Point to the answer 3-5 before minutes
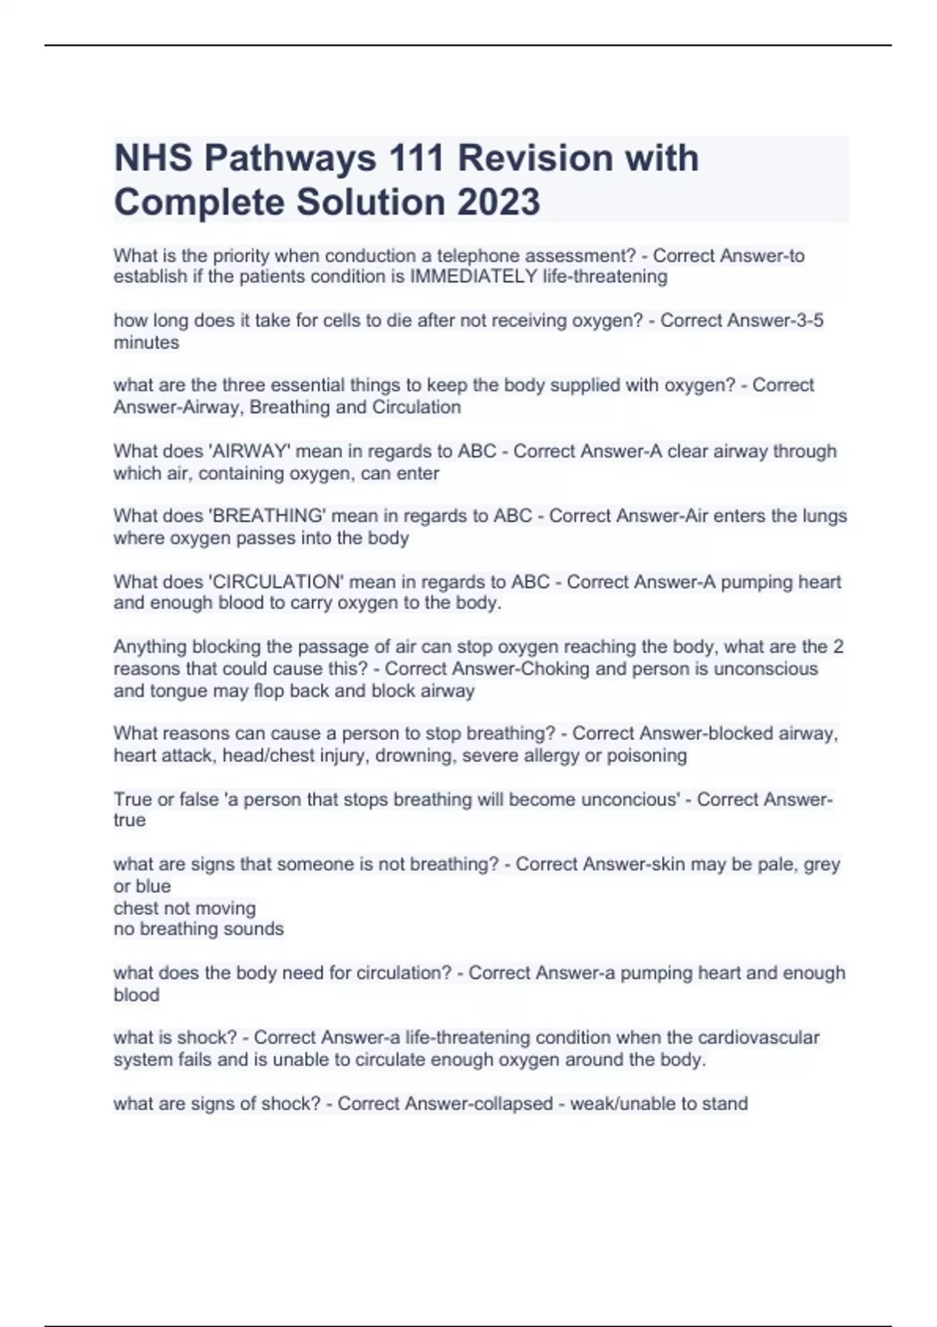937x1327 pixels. coord(807,321)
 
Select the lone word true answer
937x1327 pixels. coord(130,820)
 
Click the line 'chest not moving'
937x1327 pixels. coord(184,908)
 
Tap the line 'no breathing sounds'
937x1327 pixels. coord(198,929)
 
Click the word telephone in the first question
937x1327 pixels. coord(483,255)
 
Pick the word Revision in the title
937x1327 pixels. coord(533,158)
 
